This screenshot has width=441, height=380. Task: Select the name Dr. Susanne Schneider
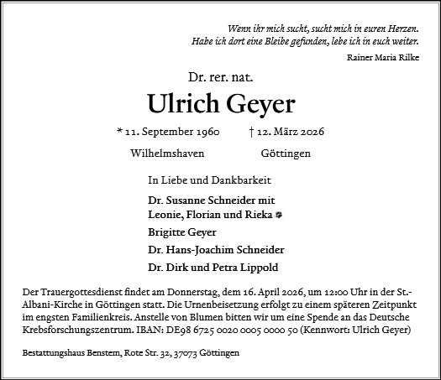click(x=190, y=201)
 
